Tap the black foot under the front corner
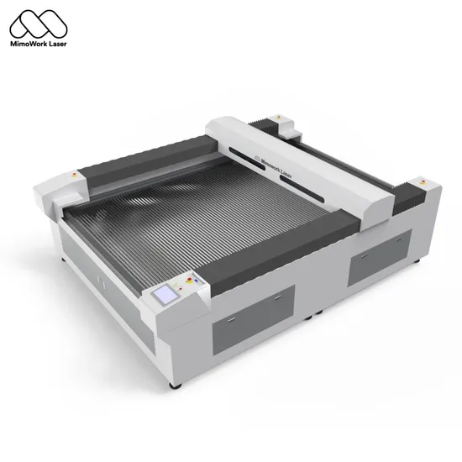175,385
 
